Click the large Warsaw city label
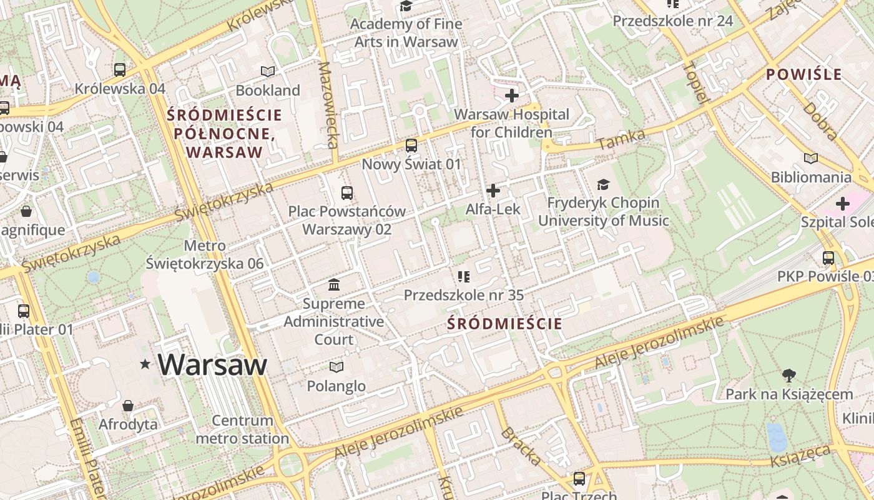click(x=212, y=365)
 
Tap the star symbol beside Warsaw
click(x=145, y=364)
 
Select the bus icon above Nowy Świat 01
click(x=411, y=146)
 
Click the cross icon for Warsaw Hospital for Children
click(x=512, y=96)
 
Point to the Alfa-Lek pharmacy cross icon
click(x=493, y=190)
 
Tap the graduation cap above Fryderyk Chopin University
click(x=603, y=184)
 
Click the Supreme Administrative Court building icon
click(x=334, y=285)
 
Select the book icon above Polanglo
click(x=336, y=367)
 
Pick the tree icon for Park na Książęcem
click(x=789, y=375)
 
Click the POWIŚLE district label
click(x=804, y=74)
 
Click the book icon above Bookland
click(x=268, y=71)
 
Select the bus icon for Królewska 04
click(x=120, y=69)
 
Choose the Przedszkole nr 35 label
click(x=463, y=295)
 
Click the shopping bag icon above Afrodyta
click(x=128, y=406)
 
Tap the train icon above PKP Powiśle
click(x=828, y=257)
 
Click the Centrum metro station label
click(x=242, y=429)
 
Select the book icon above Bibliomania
click(x=810, y=158)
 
